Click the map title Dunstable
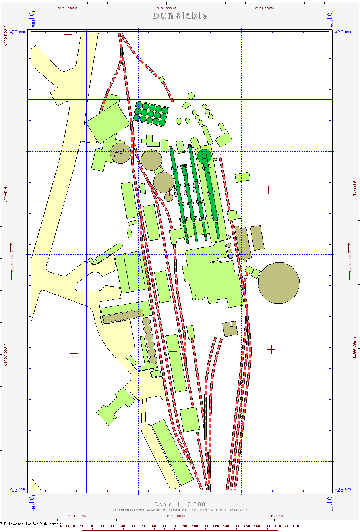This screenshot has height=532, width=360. (x=180, y=15)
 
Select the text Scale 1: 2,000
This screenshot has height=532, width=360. (x=180, y=504)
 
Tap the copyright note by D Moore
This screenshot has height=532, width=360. (x=32, y=524)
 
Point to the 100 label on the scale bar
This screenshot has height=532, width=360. (x=195, y=526)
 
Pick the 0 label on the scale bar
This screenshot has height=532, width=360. (x=92, y=526)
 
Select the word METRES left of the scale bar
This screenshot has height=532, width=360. (x=68, y=526)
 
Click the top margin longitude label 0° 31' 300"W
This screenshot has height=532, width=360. (x=166, y=8)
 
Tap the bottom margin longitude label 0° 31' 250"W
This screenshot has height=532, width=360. (x=274, y=516)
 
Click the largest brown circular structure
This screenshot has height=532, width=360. (x=279, y=283)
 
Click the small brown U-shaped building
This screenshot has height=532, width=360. (x=229, y=329)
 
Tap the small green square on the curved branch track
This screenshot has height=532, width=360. (x=162, y=79)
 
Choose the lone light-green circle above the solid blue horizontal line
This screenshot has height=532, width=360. (x=191, y=96)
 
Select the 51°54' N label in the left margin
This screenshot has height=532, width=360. (x=6, y=195)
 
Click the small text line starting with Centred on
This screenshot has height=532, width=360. (x=180, y=509)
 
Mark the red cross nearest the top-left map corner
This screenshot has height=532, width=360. (x=68, y=35)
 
